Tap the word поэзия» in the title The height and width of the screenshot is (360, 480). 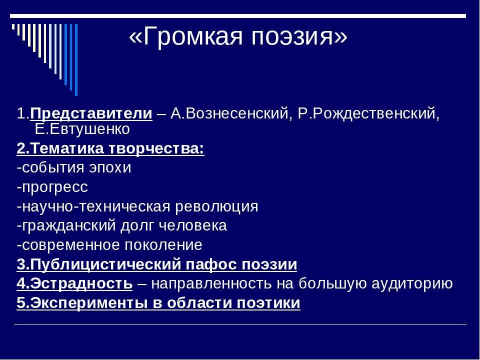tap(299, 36)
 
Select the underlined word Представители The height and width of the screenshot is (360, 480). tap(91, 114)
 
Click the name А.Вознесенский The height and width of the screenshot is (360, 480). tap(229, 113)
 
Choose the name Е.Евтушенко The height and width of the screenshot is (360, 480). tap(82, 129)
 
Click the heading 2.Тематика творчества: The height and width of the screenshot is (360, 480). tap(110, 149)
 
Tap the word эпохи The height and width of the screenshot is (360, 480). tap(110, 168)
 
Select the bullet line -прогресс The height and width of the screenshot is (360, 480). tap(52, 187)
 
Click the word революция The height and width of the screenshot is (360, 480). tap(216, 206)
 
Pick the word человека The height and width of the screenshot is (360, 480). tap(193, 225)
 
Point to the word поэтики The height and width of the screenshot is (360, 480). tap(268, 303)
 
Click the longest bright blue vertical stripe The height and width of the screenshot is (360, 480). tap(76, 60)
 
